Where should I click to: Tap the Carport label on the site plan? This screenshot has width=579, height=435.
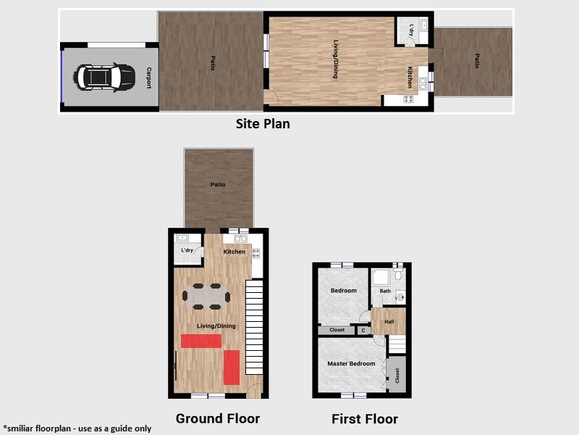[149, 78]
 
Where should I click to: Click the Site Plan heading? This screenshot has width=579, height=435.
[263, 123]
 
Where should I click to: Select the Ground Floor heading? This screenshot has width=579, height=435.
[218, 418]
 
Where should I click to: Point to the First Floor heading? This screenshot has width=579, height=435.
[365, 419]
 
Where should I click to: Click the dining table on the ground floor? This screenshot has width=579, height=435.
[206, 297]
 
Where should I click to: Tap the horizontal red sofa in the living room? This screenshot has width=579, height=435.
[201, 341]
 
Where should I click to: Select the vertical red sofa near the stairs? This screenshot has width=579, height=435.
[232, 368]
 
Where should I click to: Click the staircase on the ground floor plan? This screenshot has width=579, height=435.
[254, 327]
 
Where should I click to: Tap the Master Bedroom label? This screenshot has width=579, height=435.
[351, 364]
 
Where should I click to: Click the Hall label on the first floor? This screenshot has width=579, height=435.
[389, 322]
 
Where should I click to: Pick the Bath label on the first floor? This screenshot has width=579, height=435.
[385, 291]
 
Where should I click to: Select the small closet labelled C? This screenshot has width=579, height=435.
[363, 331]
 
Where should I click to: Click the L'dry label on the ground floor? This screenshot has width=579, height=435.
[187, 250]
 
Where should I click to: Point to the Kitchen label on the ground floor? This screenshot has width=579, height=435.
[234, 252]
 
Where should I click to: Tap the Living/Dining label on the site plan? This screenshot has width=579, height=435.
[335, 59]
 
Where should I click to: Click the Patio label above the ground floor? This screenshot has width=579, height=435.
[218, 184]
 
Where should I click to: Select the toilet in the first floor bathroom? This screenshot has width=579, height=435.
[398, 274]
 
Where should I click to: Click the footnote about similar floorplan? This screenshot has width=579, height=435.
[77, 428]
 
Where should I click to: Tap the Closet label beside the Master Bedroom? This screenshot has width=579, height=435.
[397, 376]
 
